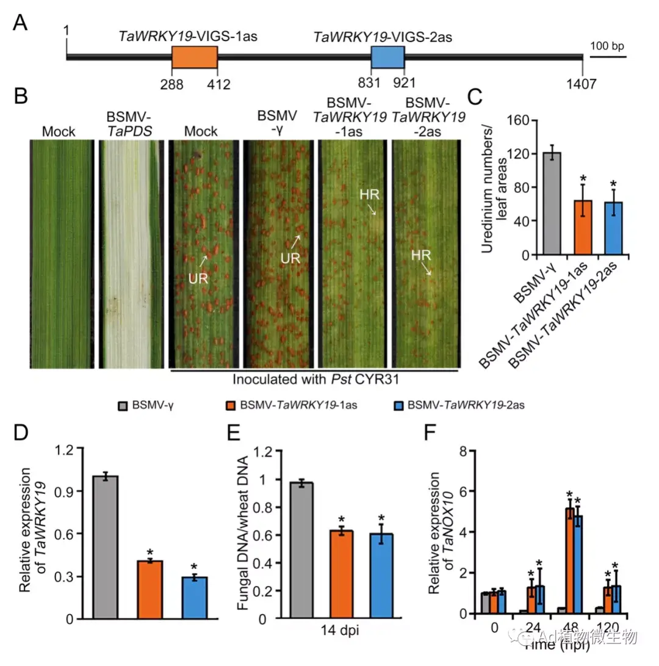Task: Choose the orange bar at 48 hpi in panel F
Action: click(570, 560)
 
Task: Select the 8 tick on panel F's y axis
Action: click(464, 451)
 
